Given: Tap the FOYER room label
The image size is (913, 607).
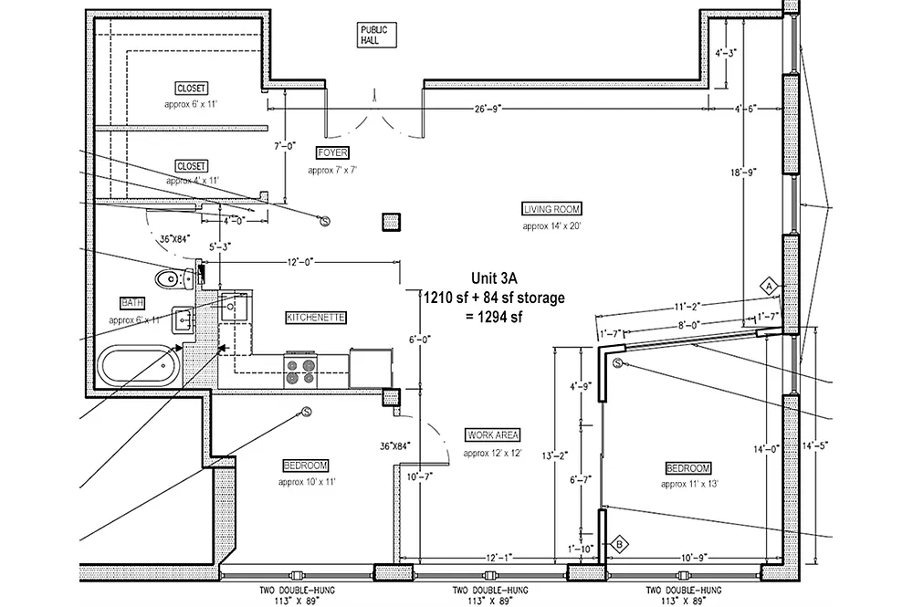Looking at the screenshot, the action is (x=332, y=153).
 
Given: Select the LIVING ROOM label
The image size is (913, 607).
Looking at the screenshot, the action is (x=552, y=209).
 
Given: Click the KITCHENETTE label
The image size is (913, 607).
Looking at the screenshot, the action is (x=316, y=317).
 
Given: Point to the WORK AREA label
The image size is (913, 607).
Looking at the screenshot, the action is (x=493, y=434).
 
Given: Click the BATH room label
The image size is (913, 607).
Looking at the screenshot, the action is (x=132, y=303).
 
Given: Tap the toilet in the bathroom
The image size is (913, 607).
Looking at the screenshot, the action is (x=174, y=278).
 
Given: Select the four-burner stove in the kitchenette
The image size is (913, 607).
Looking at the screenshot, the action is (x=300, y=371).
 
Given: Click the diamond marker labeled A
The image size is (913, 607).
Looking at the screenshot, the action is (x=769, y=287).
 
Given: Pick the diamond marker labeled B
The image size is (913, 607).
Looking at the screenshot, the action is (x=619, y=545).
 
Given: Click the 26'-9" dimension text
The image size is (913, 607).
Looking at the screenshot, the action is (x=488, y=109).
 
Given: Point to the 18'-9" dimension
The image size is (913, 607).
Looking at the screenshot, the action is (x=743, y=173).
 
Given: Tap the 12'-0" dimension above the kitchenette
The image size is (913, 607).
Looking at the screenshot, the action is (x=300, y=263).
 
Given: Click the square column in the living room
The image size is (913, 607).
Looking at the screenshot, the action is (x=392, y=222).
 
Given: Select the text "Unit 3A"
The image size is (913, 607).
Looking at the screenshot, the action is (x=494, y=278).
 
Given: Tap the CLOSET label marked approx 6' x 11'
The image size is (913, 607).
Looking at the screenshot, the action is (x=191, y=89).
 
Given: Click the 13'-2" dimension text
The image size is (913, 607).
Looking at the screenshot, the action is (x=555, y=456).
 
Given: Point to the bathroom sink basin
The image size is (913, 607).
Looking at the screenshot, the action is (x=183, y=320).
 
